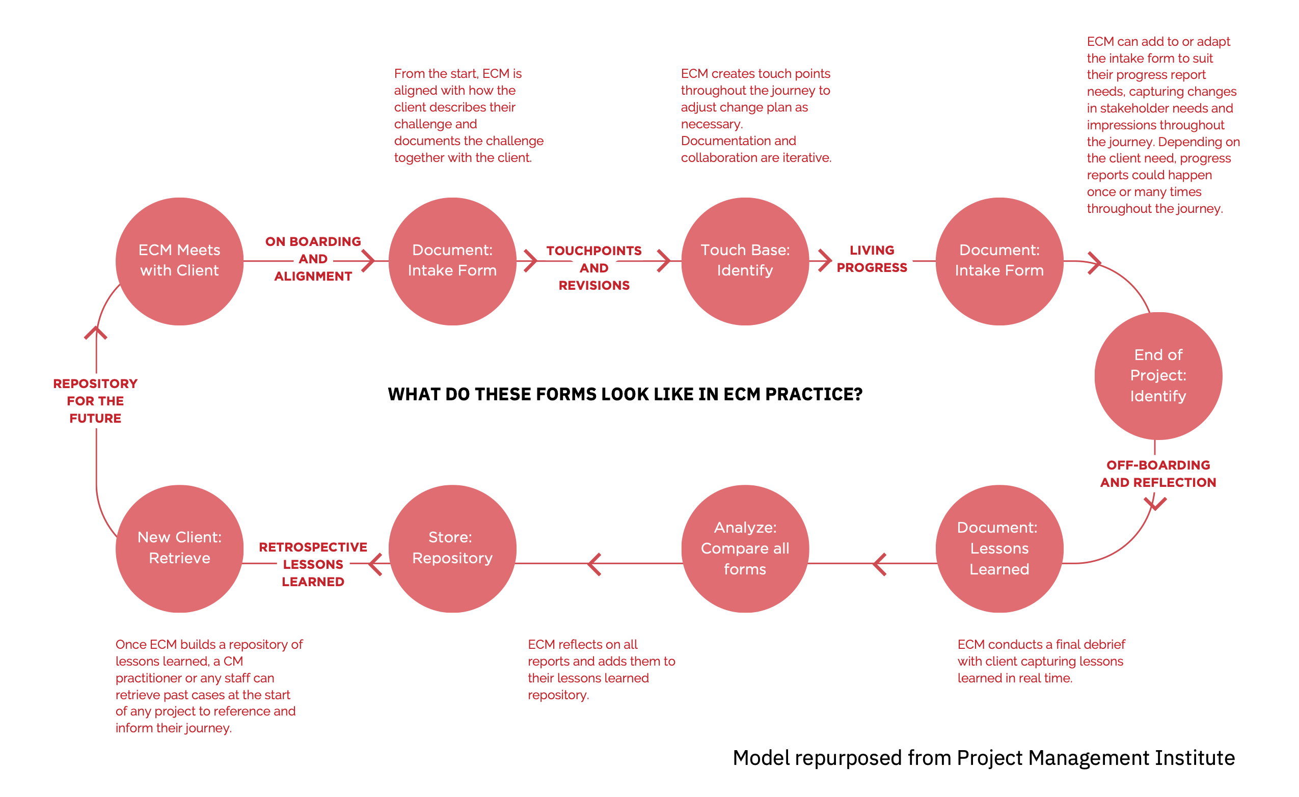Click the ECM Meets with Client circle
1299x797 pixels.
coord(179,261)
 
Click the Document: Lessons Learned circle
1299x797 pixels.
coord(999,548)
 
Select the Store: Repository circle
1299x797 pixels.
coord(452,548)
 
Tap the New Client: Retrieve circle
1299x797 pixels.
coord(179,548)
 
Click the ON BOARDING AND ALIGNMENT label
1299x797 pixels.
coord(313,259)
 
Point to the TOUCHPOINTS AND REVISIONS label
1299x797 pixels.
coord(593,268)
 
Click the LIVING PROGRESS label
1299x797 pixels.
coord(872,259)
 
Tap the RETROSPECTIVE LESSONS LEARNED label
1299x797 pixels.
coord(313,564)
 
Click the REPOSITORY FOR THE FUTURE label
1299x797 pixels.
coord(95,401)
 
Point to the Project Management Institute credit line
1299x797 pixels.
coord(983,757)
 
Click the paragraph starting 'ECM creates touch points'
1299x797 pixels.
coord(755,116)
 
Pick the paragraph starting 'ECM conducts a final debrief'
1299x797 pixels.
coord(1041,661)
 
